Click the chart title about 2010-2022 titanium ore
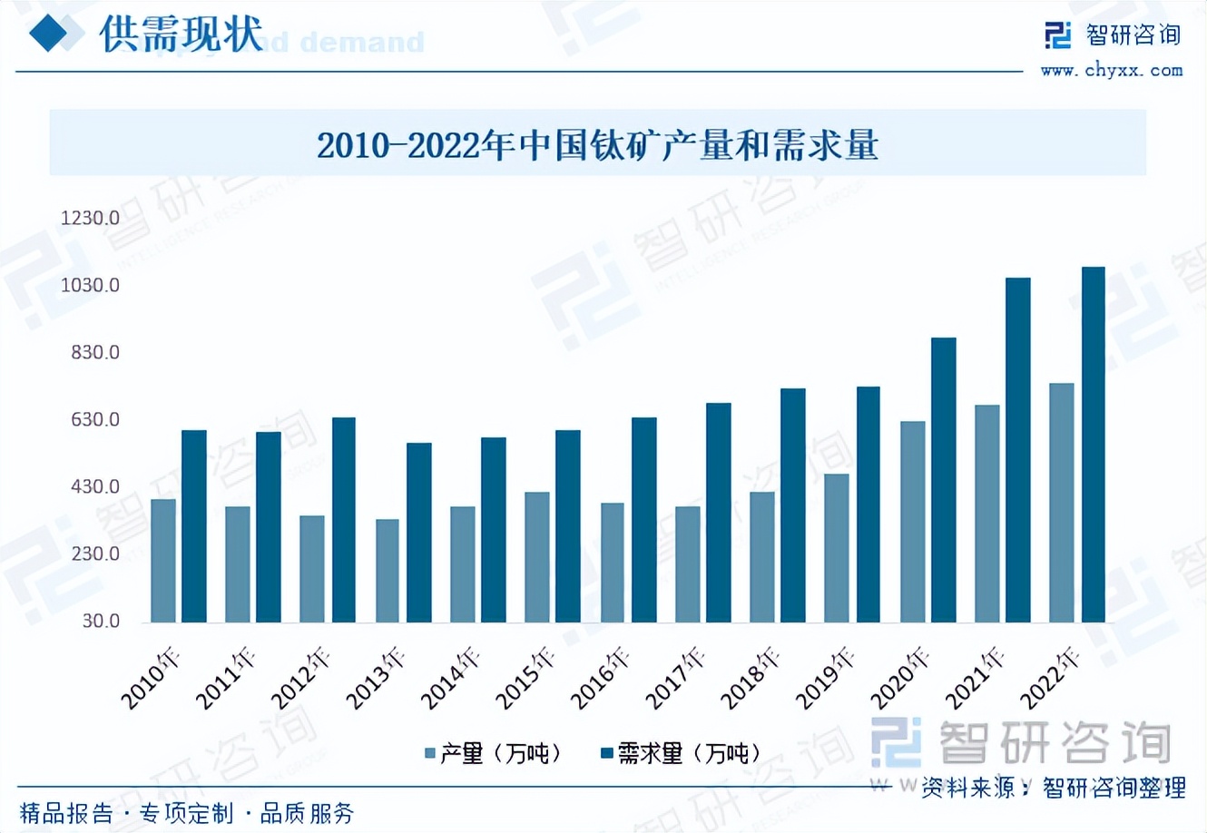pos(597,145)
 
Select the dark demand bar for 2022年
pos(1093,445)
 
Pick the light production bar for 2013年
pos(388,571)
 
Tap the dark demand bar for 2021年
pos(1017,450)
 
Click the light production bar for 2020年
pos(913,522)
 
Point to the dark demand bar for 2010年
pos(194,526)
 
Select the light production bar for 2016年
pos(613,563)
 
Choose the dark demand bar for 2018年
pos(793,505)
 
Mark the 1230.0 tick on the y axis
pos(90,218)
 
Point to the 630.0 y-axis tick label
pos(95,419)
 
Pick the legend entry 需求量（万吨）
pos(681,753)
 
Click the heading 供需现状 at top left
pos(181,34)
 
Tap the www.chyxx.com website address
pos(1111,71)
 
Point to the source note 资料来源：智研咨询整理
pos(1053,788)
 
